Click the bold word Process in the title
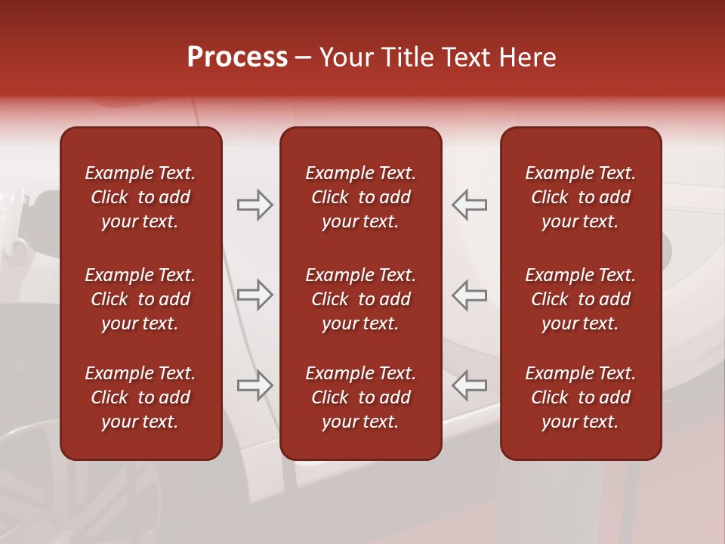[237, 57]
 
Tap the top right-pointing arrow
[255, 205]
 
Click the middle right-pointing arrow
[255, 295]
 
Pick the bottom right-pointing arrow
[255, 385]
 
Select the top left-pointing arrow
[470, 205]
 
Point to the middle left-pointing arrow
[470, 295]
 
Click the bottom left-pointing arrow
[470, 385]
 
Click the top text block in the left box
[140, 197]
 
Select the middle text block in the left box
[140, 299]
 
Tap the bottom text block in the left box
[140, 397]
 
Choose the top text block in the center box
[360, 197]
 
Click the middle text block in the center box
[360, 299]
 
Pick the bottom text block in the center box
[360, 397]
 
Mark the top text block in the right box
[580, 197]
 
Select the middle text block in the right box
[580, 299]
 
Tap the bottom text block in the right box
[580, 397]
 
